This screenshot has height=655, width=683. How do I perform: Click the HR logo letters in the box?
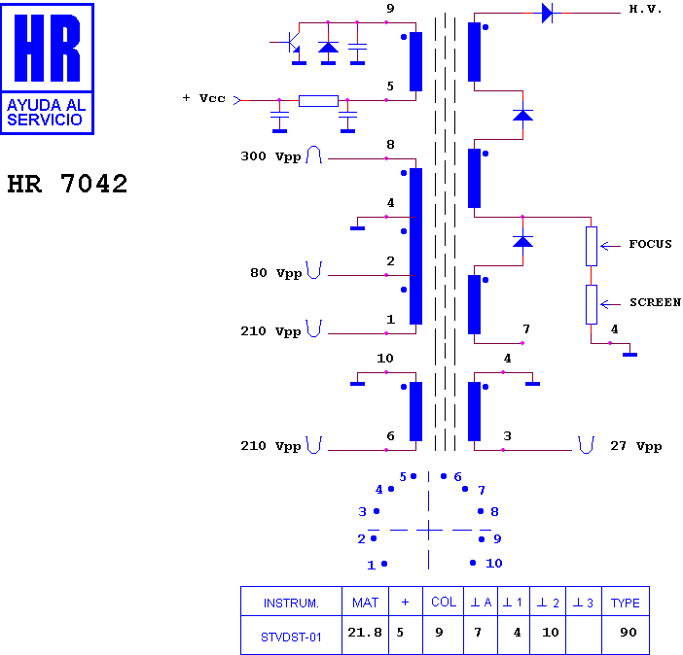tap(47, 48)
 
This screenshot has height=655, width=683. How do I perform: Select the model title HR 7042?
tap(67, 184)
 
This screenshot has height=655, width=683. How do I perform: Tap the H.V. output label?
tap(645, 9)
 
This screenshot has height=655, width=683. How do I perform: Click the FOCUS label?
tap(650, 244)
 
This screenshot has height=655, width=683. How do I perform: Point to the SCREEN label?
tap(655, 302)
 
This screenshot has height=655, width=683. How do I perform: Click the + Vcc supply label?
tap(204, 98)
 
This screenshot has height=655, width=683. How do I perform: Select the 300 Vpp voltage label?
tap(270, 156)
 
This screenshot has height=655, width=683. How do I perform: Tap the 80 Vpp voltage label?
tap(275, 273)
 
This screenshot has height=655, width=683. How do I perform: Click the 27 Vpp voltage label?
tap(636, 446)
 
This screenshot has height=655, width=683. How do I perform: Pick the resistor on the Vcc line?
tap(318, 101)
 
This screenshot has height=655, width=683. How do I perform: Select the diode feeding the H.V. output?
tap(548, 13)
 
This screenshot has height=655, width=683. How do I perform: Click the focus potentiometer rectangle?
tap(592, 246)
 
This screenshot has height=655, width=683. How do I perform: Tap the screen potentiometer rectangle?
tap(592, 304)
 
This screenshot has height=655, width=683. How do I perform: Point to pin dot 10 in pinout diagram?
tap(473, 563)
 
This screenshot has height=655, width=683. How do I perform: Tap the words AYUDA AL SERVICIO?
tap(47, 113)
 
